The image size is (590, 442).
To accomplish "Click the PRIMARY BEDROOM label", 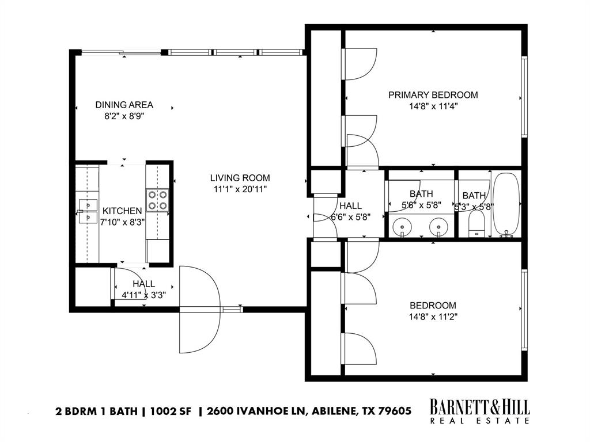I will [x=433, y=95].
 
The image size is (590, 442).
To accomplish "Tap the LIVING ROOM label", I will [x=240, y=178].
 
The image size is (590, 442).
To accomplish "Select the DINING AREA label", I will [x=124, y=104].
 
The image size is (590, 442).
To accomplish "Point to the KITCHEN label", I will [x=122, y=211].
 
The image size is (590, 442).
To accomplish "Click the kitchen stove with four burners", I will [x=157, y=200].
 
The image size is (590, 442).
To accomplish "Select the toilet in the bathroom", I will [x=477, y=224].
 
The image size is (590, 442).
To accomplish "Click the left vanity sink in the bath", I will [x=402, y=228].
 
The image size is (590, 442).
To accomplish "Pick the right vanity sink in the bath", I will [x=438, y=228].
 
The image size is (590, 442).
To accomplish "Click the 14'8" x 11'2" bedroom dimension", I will [x=433, y=316].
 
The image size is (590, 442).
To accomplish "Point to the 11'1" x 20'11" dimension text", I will [x=240, y=188].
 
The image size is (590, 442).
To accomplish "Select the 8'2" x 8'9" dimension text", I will [x=124, y=115].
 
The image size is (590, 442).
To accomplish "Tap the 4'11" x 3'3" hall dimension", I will [x=143, y=295].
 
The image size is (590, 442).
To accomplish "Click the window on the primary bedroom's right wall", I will [x=524, y=96].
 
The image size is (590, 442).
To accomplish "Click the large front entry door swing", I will [x=200, y=310].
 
